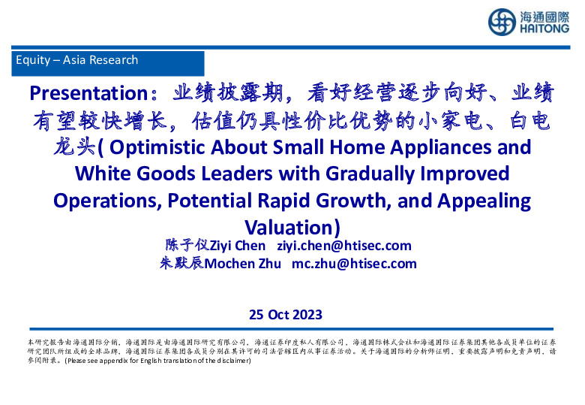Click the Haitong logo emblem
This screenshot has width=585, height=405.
(x=501, y=22)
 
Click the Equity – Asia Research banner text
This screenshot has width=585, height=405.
(x=76, y=60)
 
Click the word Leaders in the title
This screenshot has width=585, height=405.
(x=239, y=174)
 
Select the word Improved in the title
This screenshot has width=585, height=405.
(x=461, y=174)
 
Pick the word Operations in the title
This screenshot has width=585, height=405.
(x=106, y=201)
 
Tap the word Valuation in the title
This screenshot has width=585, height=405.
(x=289, y=228)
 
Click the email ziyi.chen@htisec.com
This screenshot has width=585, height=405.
(x=344, y=246)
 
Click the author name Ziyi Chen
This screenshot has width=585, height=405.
(x=237, y=246)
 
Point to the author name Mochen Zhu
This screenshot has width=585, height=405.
(x=243, y=263)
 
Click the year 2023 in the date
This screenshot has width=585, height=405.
(x=307, y=314)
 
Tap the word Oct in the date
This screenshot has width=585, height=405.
(x=277, y=314)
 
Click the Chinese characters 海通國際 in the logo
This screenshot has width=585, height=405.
(x=543, y=15)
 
